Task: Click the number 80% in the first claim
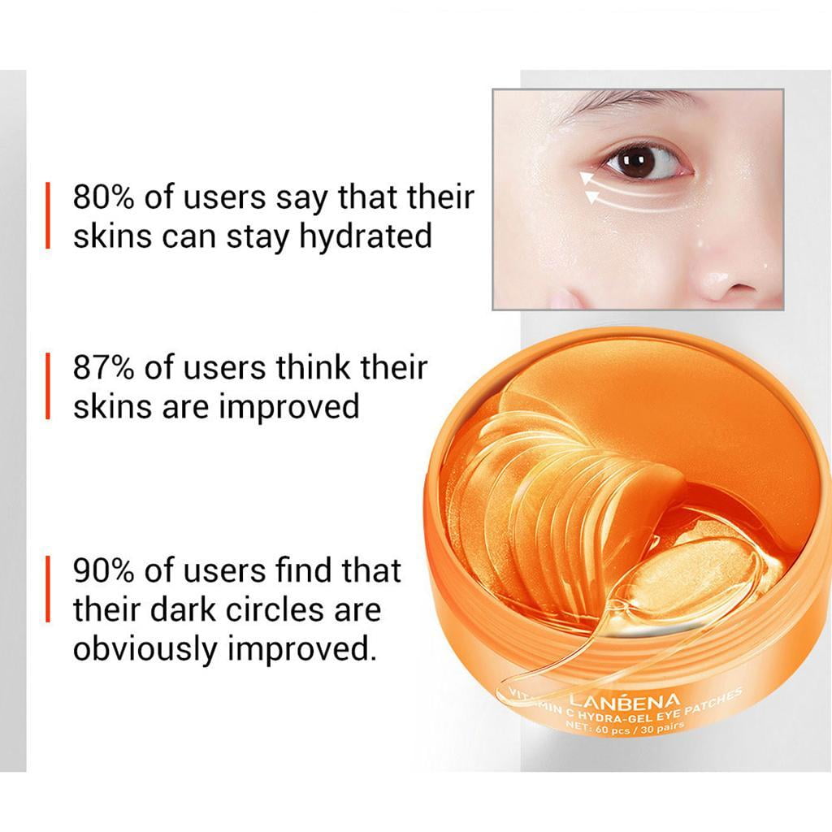pos(103,197)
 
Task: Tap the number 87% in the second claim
pos(103,368)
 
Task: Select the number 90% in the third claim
pos(103,571)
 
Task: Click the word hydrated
pos(366,237)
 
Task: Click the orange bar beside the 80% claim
pos(48,215)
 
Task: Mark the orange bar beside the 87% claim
pos(48,387)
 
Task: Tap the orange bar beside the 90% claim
pos(48,589)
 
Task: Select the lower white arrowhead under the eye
pos(592,197)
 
